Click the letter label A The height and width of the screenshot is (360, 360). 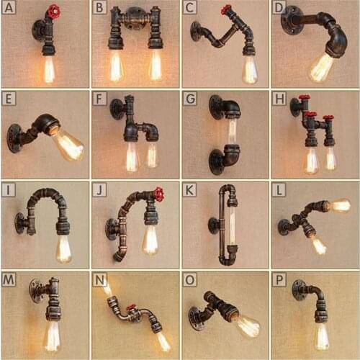tap(9, 8)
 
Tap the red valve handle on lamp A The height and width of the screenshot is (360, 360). tap(53, 12)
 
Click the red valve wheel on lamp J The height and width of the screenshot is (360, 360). tap(158, 194)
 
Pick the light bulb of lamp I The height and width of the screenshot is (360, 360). tap(63, 248)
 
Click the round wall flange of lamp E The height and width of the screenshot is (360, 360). tap(14, 137)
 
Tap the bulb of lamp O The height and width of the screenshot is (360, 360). tap(246, 325)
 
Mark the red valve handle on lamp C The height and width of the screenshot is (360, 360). tap(227, 9)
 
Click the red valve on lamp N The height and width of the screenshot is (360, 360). tap(132, 310)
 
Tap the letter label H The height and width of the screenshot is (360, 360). tap(279, 99)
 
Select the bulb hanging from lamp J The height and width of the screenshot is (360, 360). tap(150, 240)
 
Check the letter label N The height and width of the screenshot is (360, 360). tap(99, 279)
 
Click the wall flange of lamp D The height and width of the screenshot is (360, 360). tap(292, 19)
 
